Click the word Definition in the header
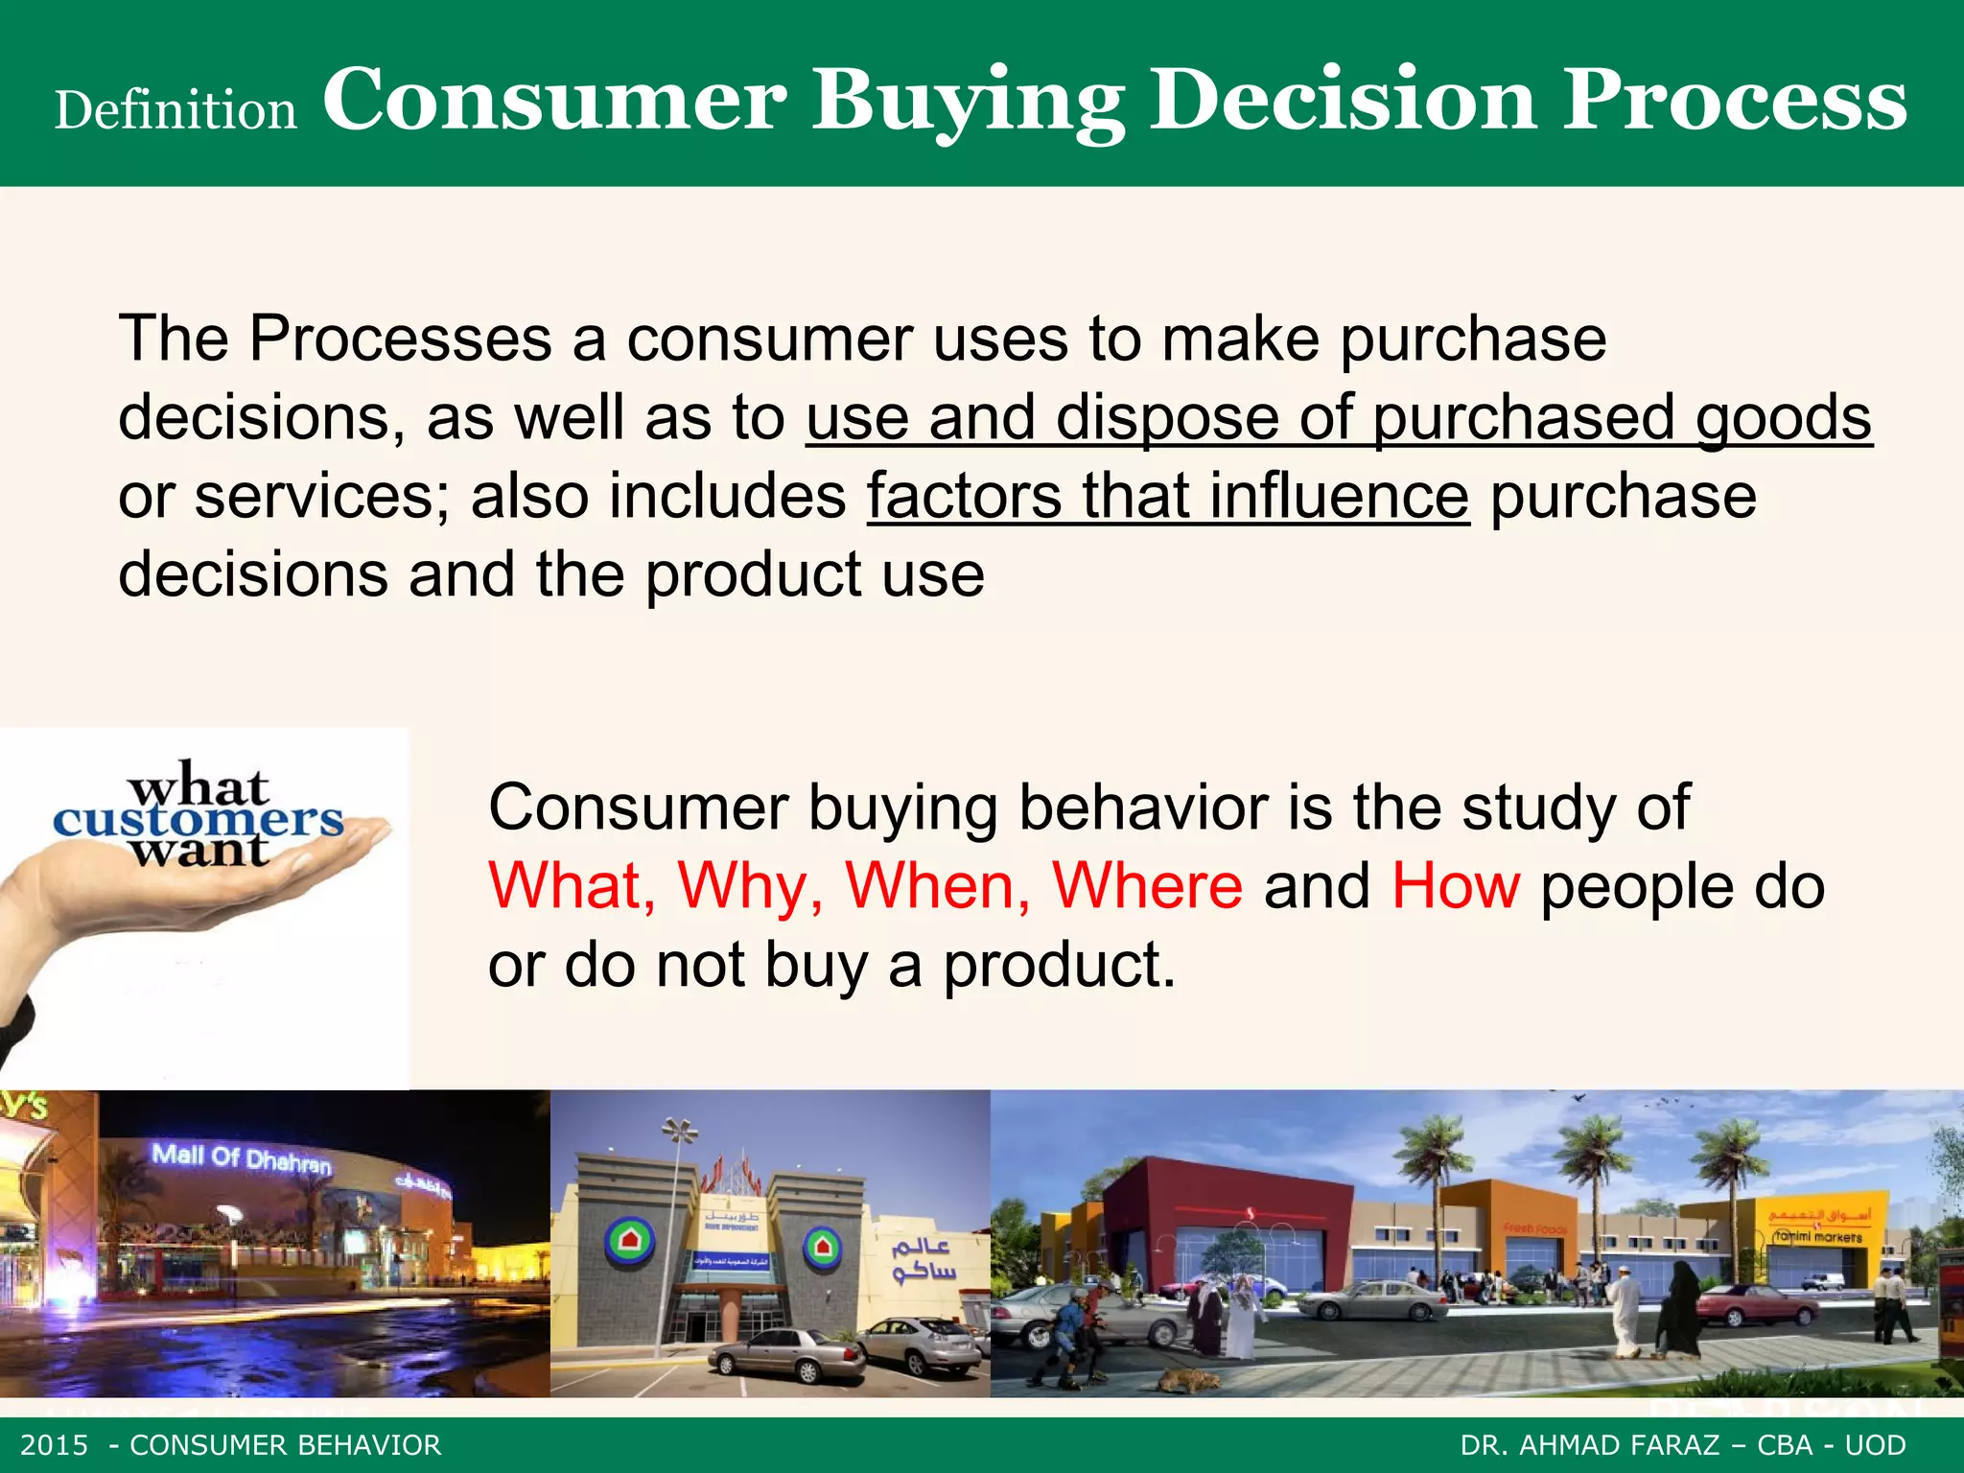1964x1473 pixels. coord(175,110)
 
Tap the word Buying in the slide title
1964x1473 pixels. coord(968,102)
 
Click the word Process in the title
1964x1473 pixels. coord(1735,100)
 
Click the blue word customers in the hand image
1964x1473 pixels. coord(198,820)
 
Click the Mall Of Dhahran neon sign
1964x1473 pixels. coord(241,1157)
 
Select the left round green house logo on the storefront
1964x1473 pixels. coord(629,1243)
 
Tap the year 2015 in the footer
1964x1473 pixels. coord(54,1445)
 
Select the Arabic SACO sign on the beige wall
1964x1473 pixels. coord(923,1259)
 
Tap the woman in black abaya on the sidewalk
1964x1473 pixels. coord(1677,1309)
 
